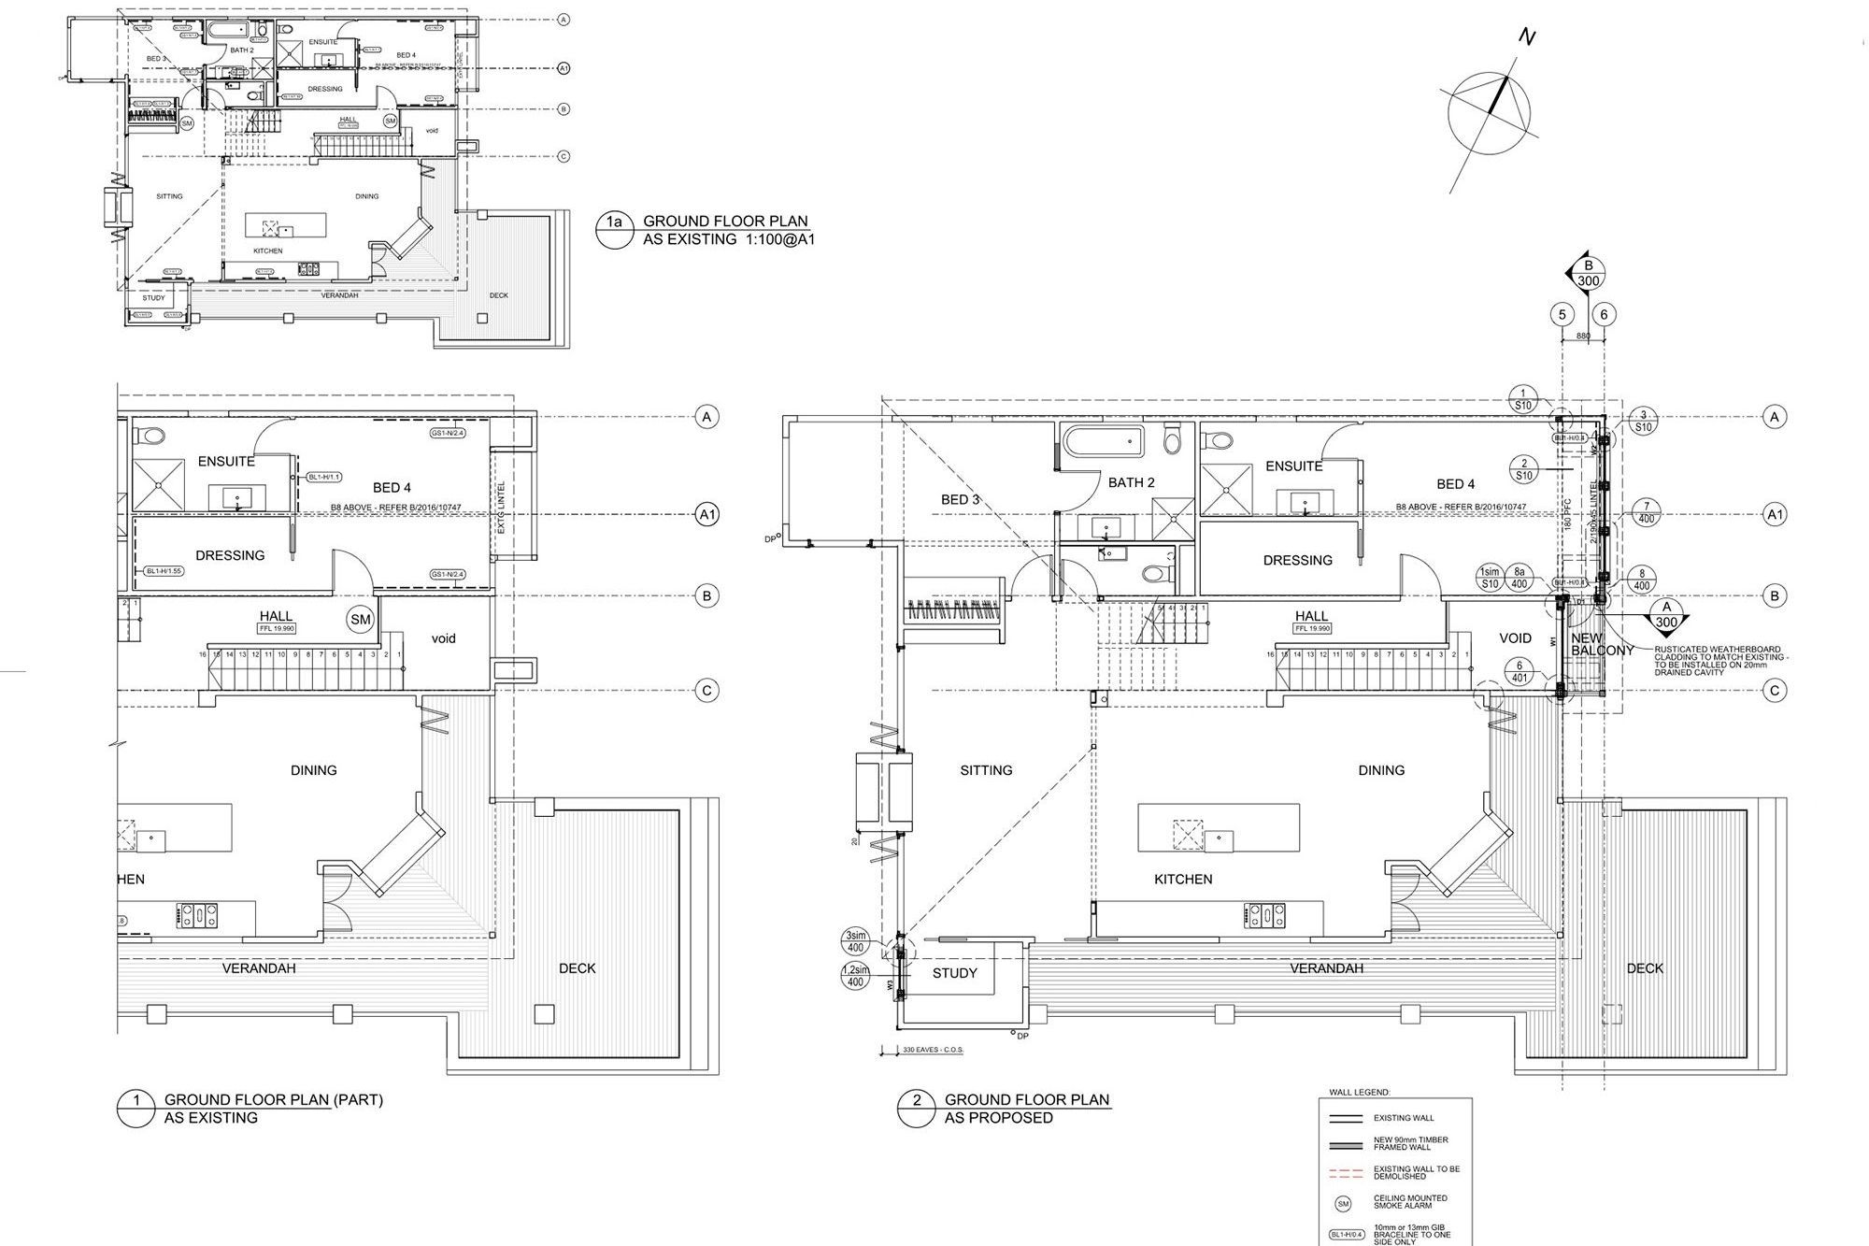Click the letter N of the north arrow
1527,37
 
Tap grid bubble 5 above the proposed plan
1562,315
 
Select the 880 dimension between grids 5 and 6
1583,336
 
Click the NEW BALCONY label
1602,645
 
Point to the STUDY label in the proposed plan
955,973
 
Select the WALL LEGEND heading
1360,1092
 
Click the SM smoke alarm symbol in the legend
1344,1205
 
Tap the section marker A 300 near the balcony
1666,615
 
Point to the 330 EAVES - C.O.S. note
932,1050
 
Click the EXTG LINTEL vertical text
502,508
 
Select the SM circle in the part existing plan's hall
361,619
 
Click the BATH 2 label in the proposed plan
1132,482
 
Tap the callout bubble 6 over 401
1519,671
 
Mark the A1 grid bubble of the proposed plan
1774,514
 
